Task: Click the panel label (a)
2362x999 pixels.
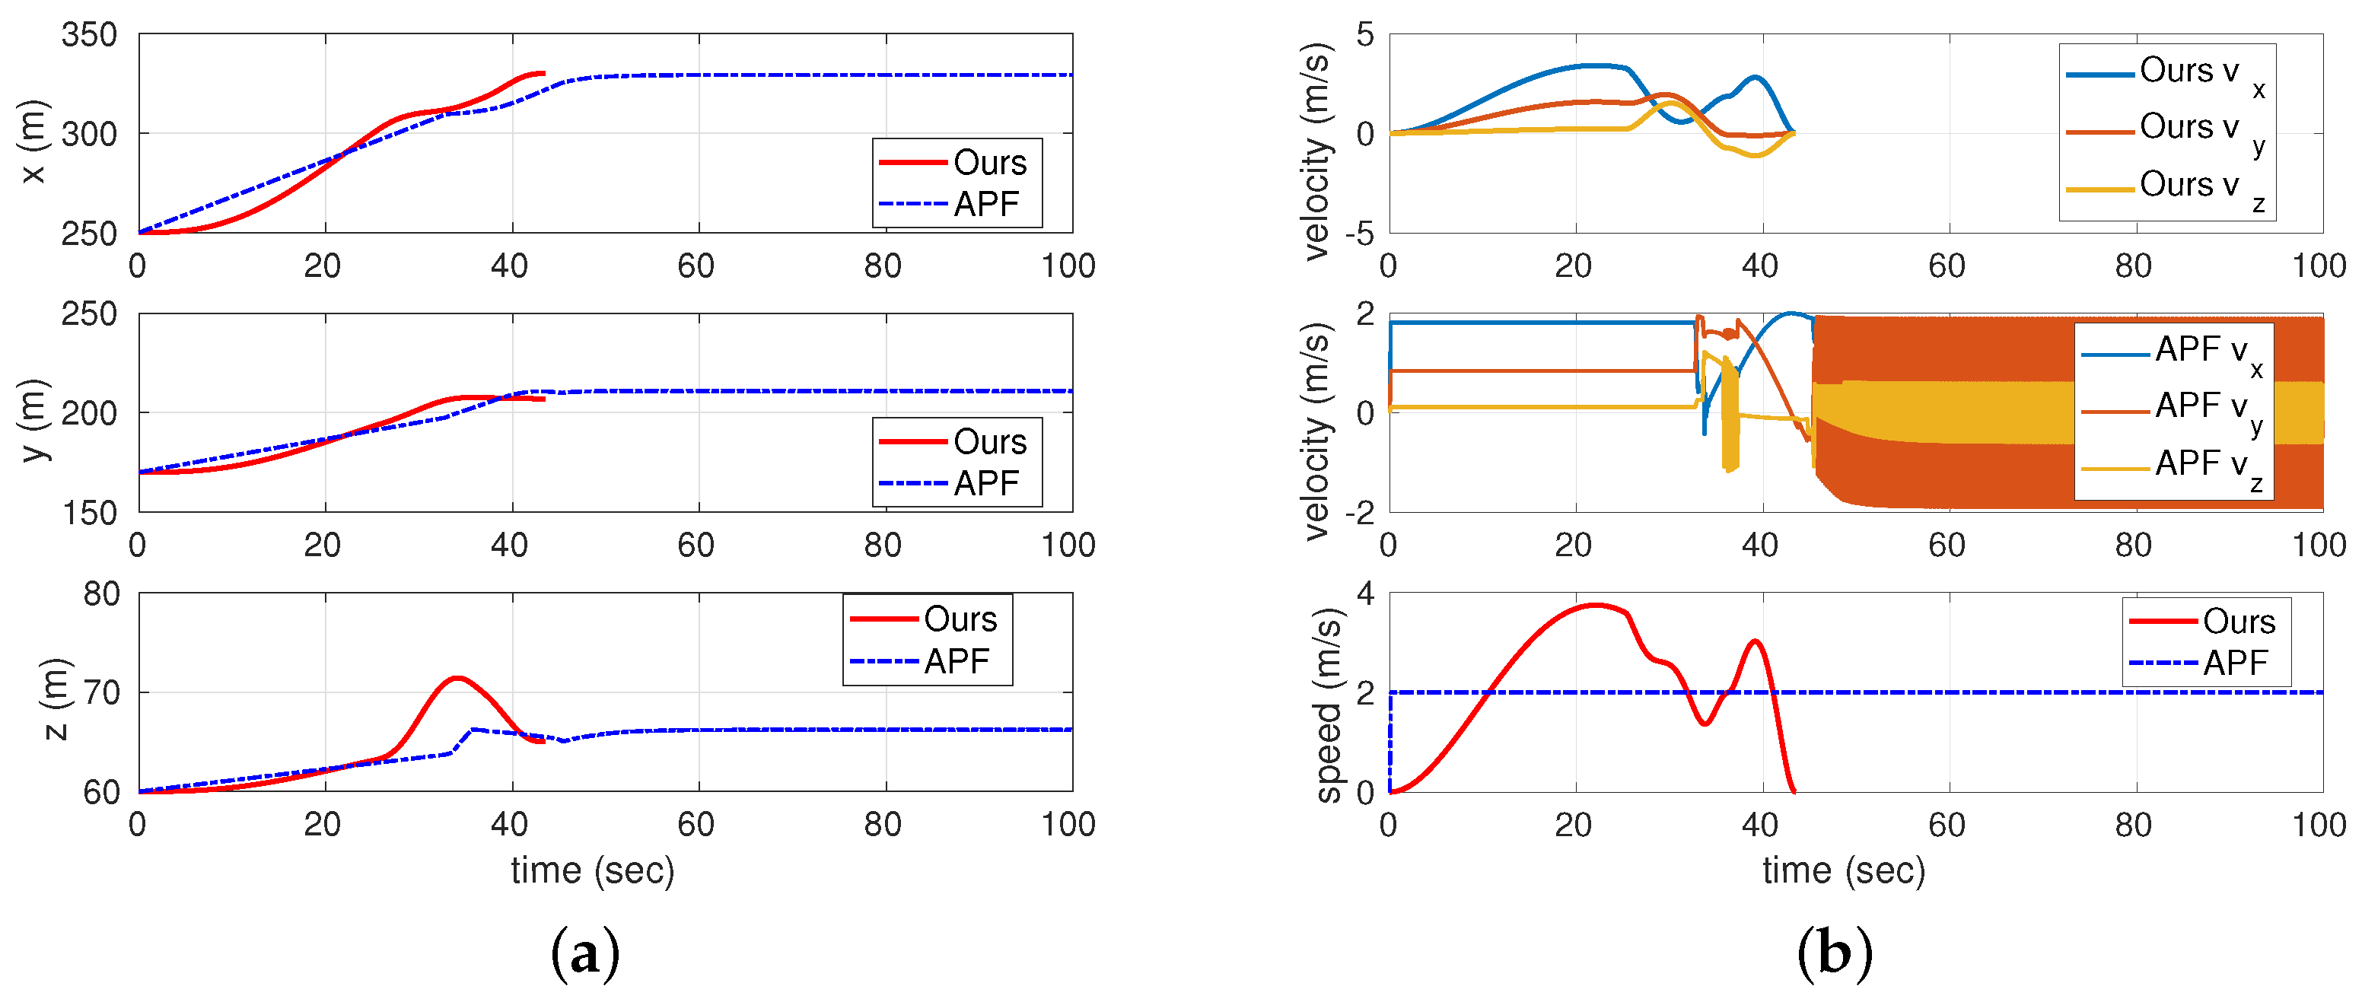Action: click(x=585, y=953)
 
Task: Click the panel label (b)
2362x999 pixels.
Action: click(x=1834, y=953)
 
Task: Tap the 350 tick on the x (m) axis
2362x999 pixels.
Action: click(x=89, y=36)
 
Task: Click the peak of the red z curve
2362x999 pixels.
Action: click(x=457, y=678)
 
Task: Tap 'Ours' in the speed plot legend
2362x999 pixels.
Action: click(x=2238, y=622)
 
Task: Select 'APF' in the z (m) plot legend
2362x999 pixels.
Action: click(x=956, y=661)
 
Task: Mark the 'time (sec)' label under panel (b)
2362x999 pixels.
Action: click(x=1843, y=870)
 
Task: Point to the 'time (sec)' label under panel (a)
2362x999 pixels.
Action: click(x=592, y=870)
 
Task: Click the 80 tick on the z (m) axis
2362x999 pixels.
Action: click(x=101, y=594)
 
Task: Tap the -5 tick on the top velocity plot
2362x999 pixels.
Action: click(x=1359, y=234)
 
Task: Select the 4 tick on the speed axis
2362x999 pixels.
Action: click(x=1365, y=594)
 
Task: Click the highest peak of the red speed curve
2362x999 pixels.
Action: click(x=1596, y=605)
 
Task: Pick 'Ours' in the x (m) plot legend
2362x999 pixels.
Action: click(x=988, y=163)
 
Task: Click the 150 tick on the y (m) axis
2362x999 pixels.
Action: click(x=89, y=514)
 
